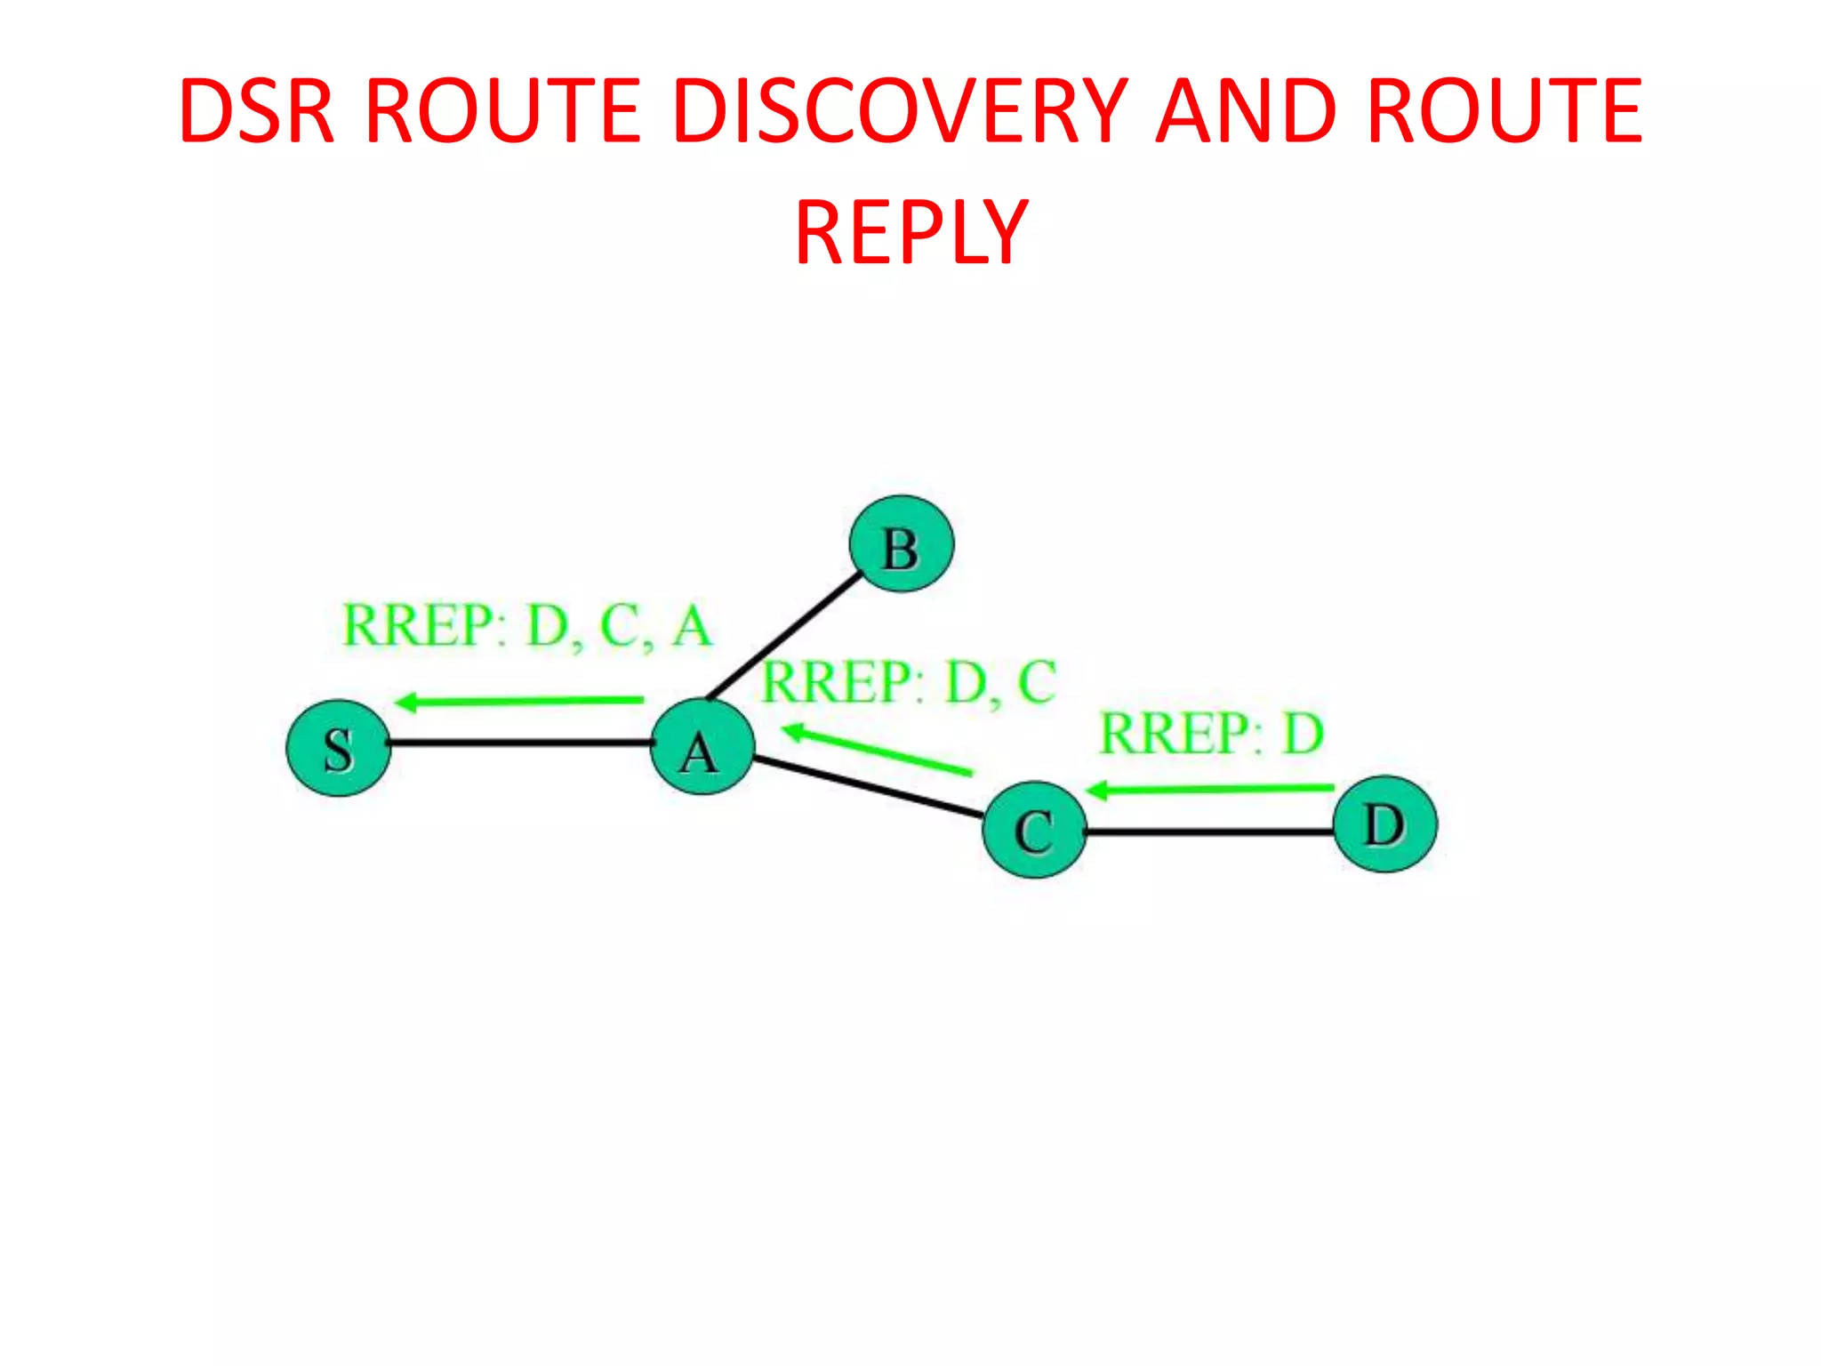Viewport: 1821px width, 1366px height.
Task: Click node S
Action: [x=338, y=748]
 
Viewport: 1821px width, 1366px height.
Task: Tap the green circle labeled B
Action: [x=901, y=544]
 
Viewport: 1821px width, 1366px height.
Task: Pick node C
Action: [x=1034, y=830]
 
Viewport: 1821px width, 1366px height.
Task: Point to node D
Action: [x=1385, y=824]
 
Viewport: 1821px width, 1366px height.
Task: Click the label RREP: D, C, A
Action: [x=527, y=625]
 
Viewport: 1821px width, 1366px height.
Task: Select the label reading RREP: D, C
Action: [x=910, y=683]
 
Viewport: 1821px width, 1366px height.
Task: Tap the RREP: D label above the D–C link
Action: [x=1212, y=734]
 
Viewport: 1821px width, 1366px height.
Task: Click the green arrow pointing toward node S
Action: [x=519, y=702]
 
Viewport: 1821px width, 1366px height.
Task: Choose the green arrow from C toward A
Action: [x=877, y=750]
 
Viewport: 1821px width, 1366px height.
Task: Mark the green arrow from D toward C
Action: [x=1210, y=789]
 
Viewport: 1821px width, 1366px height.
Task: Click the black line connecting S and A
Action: [x=520, y=743]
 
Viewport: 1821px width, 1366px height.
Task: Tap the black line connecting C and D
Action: [x=1209, y=832]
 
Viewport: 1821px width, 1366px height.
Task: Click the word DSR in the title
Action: [x=256, y=111]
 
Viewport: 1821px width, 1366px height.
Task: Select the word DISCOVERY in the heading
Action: [x=900, y=111]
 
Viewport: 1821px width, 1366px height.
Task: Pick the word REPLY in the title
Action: [x=911, y=233]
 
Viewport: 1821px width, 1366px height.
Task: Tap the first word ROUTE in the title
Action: [x=502, y=111]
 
